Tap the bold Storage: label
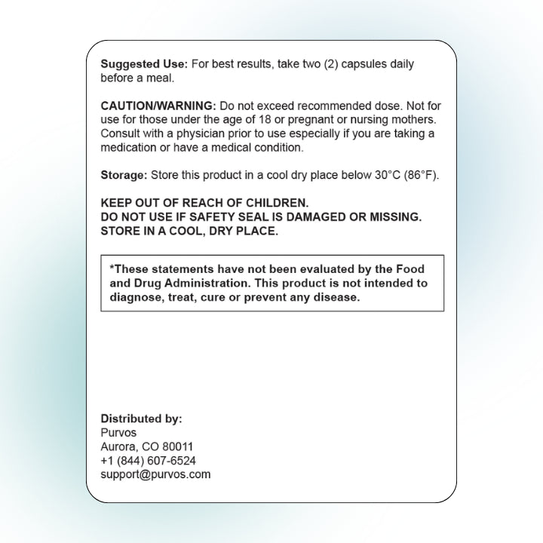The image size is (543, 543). pyautogui.click(x=124, y=175)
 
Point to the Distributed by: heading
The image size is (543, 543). pyautogui.click(x=141, y=419)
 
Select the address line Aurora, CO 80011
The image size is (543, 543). pyautogui.click(x=147, y=446)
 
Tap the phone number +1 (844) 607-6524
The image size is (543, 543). pyautogui.click(x=149, y=461)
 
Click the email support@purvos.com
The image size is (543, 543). pyautogui.click(x=155, y=474)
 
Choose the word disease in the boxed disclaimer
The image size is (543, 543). pyautogui.click(x=339, y=298)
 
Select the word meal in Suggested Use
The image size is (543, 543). pyautogui.click(x=160, y=78)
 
